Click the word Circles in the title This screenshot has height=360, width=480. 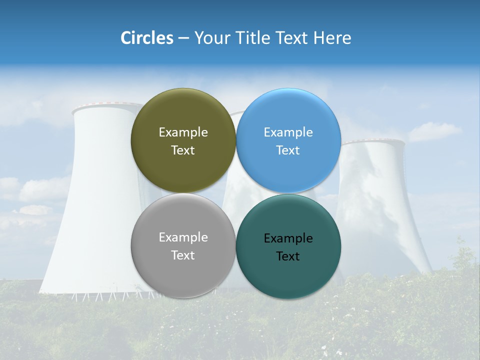tap(147, 38)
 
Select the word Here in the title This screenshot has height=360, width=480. tap(332, 38)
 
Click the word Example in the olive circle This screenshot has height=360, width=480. tap(183, 132)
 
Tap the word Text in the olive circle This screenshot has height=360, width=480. tap(183, 150)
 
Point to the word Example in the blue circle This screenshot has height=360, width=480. tap(288, 132)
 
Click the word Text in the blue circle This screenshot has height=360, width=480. tap(288, 150)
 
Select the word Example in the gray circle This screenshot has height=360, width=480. tap(183, 237)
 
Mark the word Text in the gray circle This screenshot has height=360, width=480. tap(183, 255)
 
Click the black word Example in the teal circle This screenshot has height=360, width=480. tap(288, 238)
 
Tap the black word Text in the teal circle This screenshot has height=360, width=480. tap(288, 256)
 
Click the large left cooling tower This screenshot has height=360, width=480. tap(95, 210)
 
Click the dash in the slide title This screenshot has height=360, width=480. tap(183, 38)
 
